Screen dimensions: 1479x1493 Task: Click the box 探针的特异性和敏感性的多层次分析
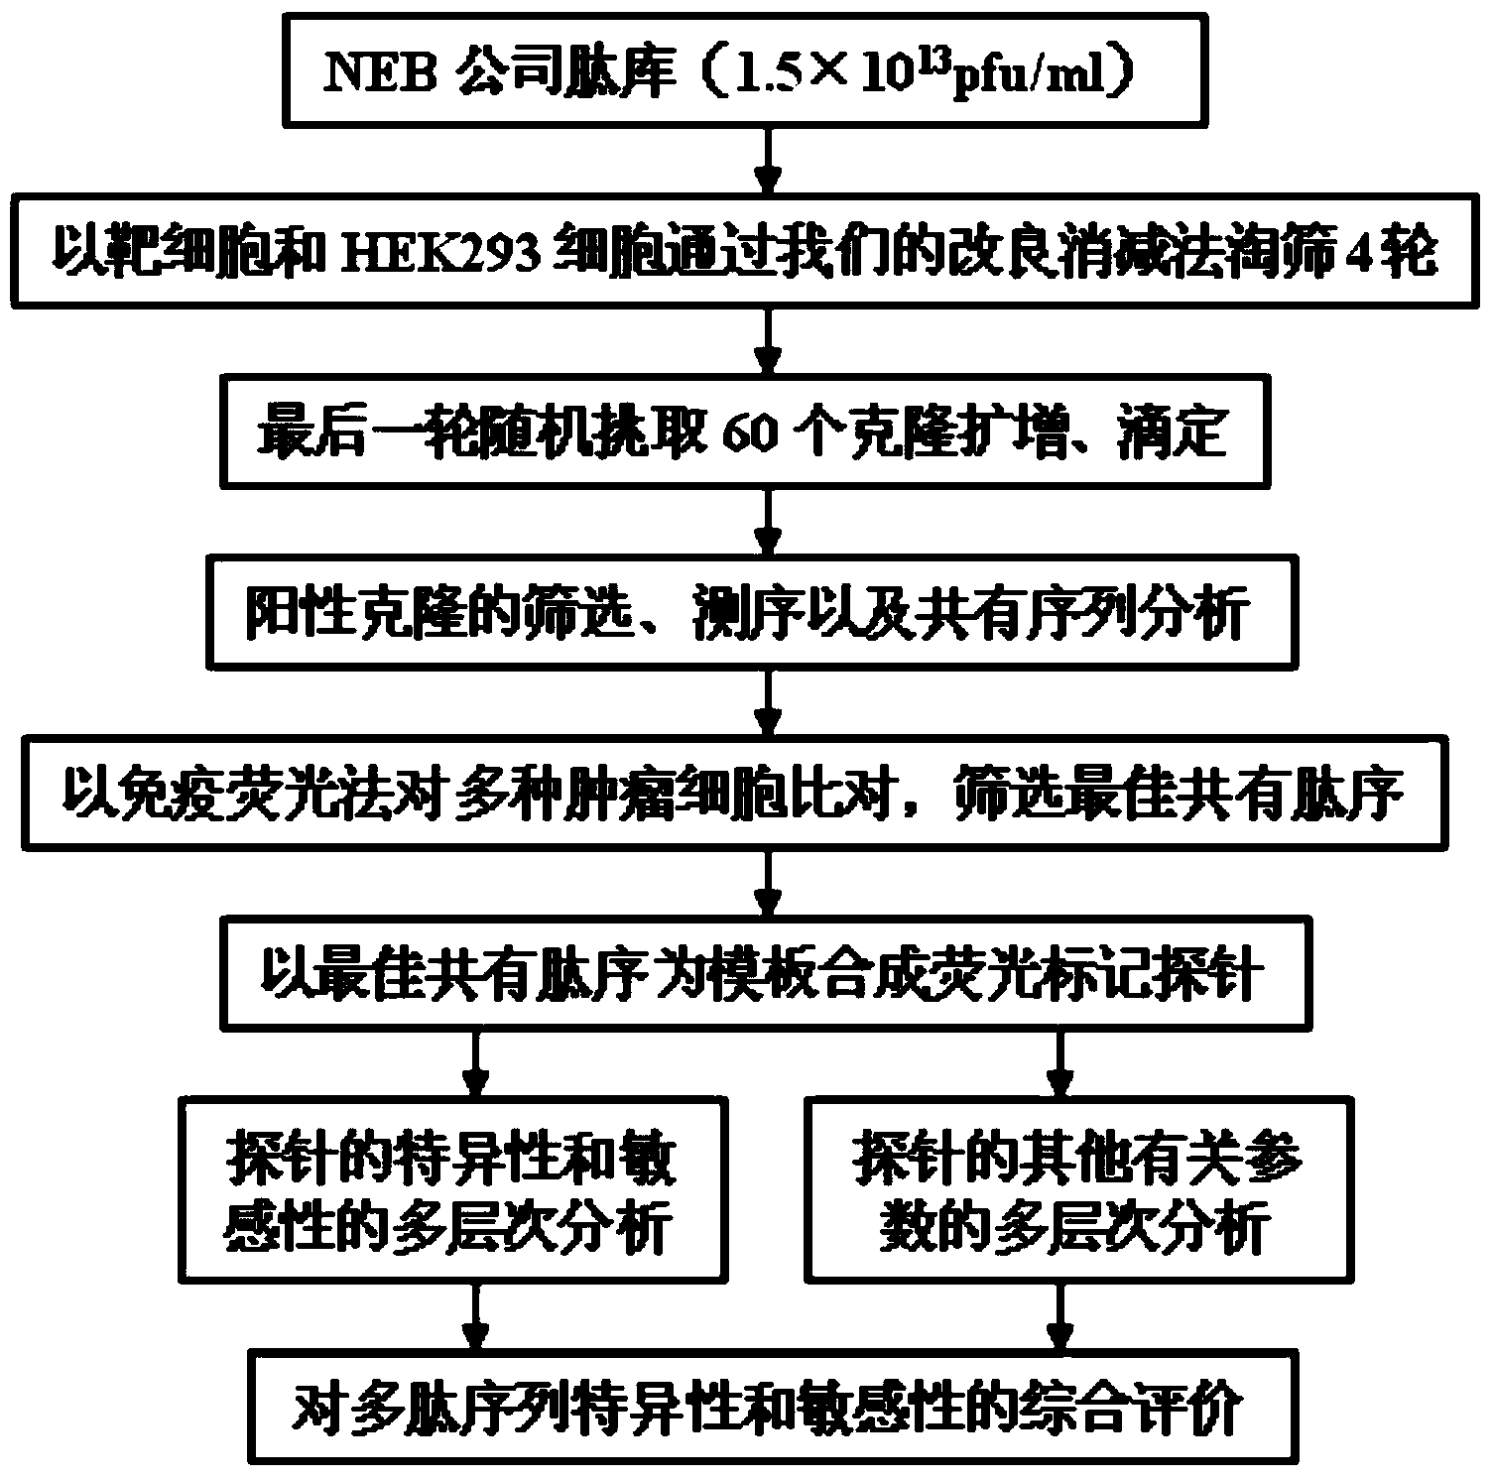[x=452, y=1186]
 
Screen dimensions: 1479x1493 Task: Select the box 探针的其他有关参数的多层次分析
[x=1076, y=1186]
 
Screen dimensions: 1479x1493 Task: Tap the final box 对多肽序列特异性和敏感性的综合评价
[x=765, y=1409]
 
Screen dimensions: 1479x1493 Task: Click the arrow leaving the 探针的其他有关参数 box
[x=1060, y=1315]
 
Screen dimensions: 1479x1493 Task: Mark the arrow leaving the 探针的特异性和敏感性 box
[x=476, y=1315]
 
